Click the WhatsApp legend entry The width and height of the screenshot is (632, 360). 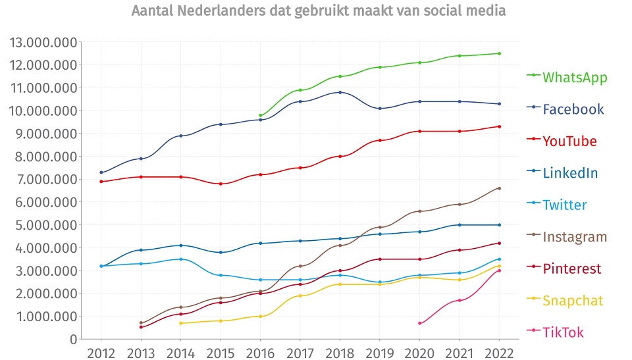coord(574,77)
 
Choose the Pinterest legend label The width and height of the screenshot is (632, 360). coord(571,269)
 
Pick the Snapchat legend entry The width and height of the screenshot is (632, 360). coord(572,301)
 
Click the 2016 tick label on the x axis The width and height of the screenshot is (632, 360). coord(261,353)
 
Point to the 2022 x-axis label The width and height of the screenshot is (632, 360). coord(500,353)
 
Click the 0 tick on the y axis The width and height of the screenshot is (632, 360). coord(73,340)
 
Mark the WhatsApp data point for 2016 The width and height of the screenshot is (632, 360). coord(261,115)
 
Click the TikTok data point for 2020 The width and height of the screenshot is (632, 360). coord(420,323)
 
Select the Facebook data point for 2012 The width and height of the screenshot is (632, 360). coord(101,172)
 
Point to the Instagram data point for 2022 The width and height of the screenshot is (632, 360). coord(500,188)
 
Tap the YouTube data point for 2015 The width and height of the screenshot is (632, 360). coord(221,184)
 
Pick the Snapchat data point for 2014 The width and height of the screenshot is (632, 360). coord(180,323)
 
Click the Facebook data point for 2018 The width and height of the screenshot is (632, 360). coord(340,92)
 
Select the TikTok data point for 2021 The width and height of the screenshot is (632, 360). coord(460,300)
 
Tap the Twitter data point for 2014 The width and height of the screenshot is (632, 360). coord(180,259)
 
